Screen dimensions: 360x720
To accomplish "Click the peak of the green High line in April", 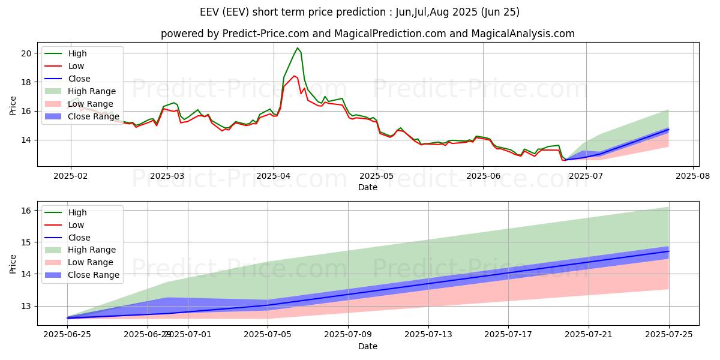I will tap(298, 48).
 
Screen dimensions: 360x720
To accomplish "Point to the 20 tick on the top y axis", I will tap(26, 53).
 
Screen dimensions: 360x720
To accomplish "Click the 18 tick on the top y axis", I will tap(26, 82).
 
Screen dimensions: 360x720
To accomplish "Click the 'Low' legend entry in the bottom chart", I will tap(76, 225).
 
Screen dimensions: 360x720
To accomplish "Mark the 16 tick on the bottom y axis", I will tap(26, 211).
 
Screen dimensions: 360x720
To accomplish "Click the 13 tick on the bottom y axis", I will tap(26, 306).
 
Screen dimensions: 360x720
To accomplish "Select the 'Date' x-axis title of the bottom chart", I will tap(368, 346).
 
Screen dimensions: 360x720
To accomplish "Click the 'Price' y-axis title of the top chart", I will tap(13, 106).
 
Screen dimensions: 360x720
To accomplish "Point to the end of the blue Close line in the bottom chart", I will tap(669, 251).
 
